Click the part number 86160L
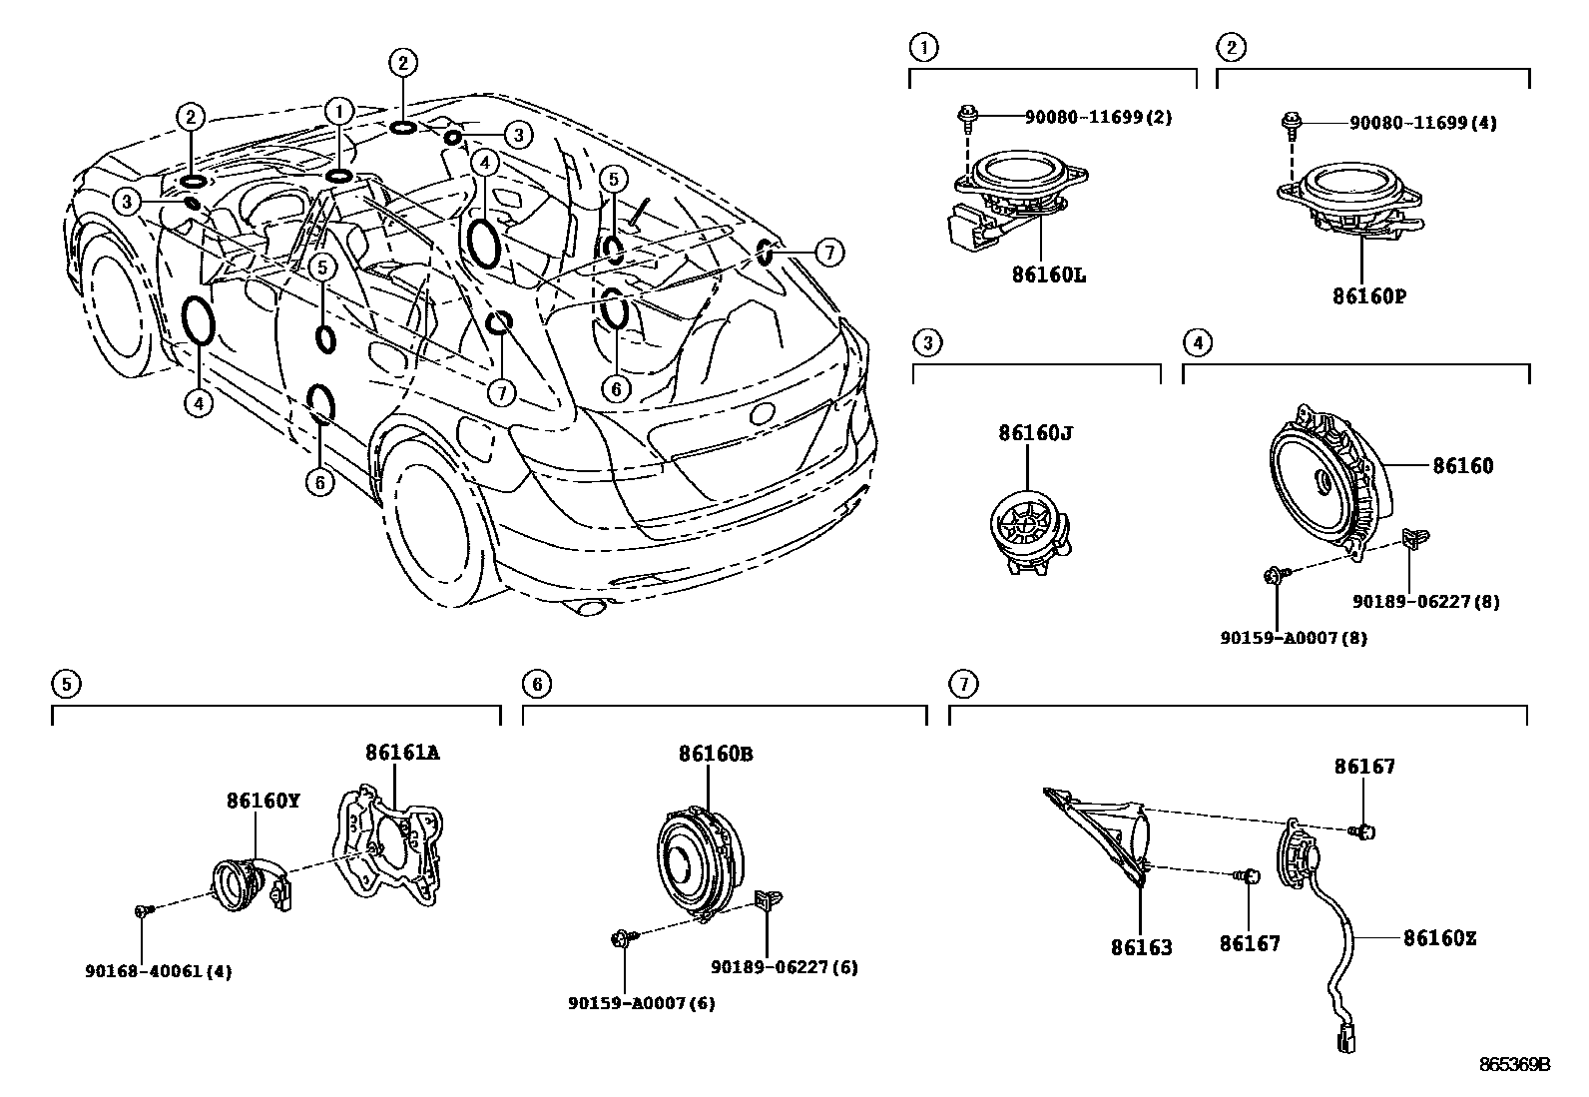click(1049, 274)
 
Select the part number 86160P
click(1374, 296)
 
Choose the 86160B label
click(716, 755)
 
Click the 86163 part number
click(1141, 946)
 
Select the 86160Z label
click(1439, 938)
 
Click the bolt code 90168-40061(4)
click(158, 971)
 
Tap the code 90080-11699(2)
click(1098, 118)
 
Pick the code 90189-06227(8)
click(1425, 602)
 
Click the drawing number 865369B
click(1514, 1065)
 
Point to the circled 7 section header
click(963, 684)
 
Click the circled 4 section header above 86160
click(1197, 342)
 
